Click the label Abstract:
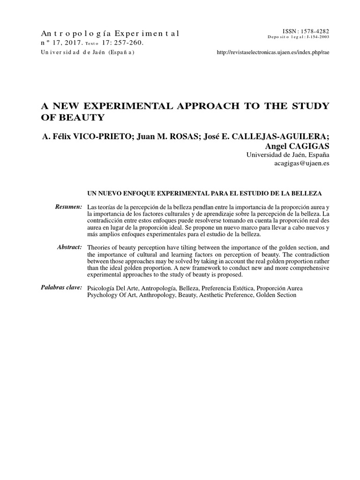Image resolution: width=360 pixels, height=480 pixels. [x=70, y=247]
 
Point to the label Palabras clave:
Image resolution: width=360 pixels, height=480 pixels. [x=61, y=287]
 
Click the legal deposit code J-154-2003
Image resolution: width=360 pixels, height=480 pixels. [x=316, y=37]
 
